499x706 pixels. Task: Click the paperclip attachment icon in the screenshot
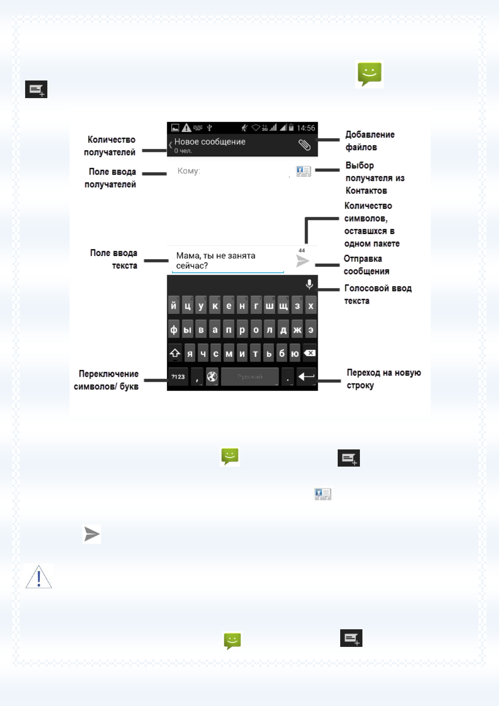(305, 145)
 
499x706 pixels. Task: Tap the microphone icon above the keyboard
(309, 284)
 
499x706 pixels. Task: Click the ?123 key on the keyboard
(178, 376)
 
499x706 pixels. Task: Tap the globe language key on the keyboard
(212, 376)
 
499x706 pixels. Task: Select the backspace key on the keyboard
(310, 353)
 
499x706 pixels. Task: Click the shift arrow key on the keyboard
(175, 353)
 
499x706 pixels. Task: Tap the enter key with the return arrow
(306, 376)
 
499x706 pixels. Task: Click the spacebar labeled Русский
(250, 376)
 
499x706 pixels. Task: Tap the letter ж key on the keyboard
(297, 330)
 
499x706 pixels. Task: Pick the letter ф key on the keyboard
(173, 330)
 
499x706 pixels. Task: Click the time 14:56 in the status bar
(306, 128)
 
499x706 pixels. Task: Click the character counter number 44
(302, 250)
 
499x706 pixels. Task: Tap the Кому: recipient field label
(189, 171)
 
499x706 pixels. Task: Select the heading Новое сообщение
(210, 142)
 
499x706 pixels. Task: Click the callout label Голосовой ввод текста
(377, 294)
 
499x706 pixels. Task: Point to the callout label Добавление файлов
(370, 140)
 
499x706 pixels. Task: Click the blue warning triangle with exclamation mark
(39, 577)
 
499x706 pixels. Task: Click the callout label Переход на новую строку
(383, 379)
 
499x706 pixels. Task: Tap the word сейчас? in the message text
(192, 265)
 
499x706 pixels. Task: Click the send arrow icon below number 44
(302, 261)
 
